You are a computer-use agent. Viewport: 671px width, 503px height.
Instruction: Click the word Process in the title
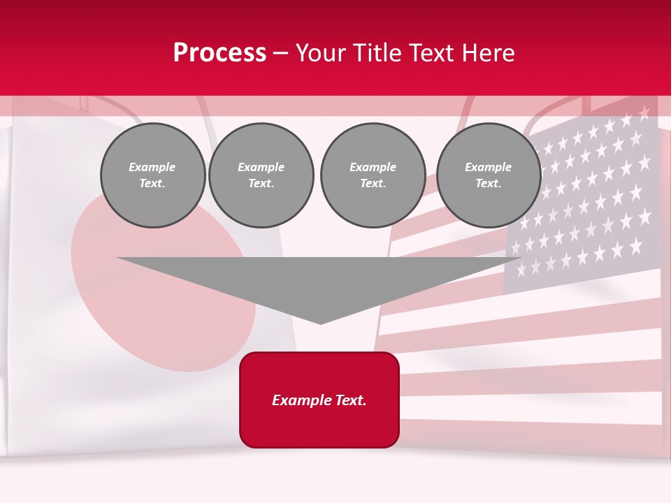(x=219, y=53)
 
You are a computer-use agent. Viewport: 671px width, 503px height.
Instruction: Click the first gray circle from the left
(x=153, y=175)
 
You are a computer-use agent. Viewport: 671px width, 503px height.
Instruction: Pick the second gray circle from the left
(x=261, y=175)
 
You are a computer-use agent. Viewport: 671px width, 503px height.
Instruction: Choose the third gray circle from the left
(x=373, y=175)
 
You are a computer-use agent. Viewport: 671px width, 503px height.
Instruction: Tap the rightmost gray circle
(x=489, y=175)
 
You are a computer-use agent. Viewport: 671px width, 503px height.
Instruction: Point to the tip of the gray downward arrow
(x=320, y=322)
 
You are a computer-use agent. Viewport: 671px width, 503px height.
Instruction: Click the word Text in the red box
(x=350, y=400)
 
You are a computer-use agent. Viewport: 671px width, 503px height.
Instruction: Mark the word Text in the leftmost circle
(x=152, y=184)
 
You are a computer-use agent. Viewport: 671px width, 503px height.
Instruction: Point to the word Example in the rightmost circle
(x=489, y=167)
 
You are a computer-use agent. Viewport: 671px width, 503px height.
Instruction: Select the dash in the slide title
(x=281, y=53)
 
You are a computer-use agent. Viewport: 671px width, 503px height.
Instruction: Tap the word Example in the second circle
(x=261, y=167)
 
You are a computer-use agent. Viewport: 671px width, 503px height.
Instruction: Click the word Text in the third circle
(x=373, y=184)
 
